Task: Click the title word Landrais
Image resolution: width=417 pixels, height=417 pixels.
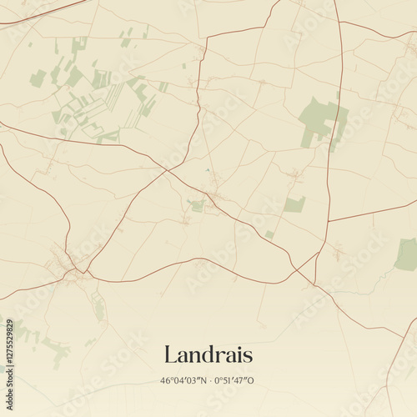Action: click(x=208, y=354)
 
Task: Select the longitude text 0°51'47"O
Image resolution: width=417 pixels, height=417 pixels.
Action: click(x=234, y=381)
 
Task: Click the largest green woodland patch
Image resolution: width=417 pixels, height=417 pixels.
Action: click(x=321, y=121)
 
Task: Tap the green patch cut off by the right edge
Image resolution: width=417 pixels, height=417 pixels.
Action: click(x=407, y=254)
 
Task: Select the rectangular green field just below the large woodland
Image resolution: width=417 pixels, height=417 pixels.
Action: click(x=294, y=204)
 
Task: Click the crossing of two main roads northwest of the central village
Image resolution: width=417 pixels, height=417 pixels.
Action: click(x=168, y=170)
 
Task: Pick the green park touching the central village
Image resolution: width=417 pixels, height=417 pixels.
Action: click(x=197, y=205)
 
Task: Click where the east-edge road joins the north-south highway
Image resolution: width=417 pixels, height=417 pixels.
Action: click(x=328, y=222)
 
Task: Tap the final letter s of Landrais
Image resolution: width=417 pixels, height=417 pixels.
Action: click(x=247, y=356)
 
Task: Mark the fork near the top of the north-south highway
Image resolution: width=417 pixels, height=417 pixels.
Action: click(x=338, y=21)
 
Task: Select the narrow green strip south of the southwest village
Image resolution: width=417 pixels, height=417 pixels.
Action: click(x=99, y=309)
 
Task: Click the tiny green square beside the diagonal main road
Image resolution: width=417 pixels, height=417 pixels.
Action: click(x=269, y=234)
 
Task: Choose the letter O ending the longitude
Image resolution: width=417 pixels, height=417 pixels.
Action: click(x=250, y=381)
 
